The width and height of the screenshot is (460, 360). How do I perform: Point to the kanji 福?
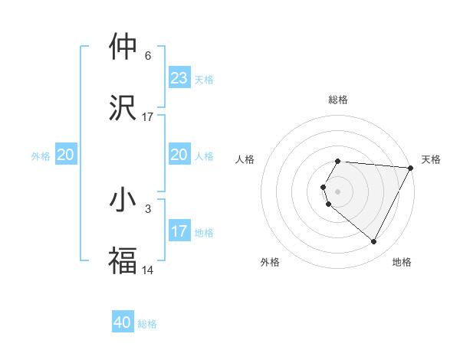123,260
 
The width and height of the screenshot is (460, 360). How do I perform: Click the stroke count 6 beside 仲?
147,56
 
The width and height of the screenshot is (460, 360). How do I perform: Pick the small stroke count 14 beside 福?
148,270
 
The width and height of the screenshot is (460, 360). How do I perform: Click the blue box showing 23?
179,78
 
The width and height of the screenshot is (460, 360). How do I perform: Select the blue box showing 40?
123,322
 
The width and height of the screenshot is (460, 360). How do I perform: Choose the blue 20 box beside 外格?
66,155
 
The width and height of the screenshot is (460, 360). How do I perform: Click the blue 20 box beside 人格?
179,155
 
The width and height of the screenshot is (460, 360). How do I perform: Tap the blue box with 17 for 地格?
179,231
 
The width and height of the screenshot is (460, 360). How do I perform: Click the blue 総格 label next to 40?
147,324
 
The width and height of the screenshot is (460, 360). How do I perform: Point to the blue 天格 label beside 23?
204,80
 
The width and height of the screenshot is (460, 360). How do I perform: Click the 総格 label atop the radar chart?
338,100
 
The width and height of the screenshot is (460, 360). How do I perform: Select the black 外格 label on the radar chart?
270,263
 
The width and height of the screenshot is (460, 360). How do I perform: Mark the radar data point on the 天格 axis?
410,168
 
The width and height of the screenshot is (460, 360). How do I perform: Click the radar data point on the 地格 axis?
374,242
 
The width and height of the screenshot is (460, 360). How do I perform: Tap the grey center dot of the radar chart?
338,191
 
